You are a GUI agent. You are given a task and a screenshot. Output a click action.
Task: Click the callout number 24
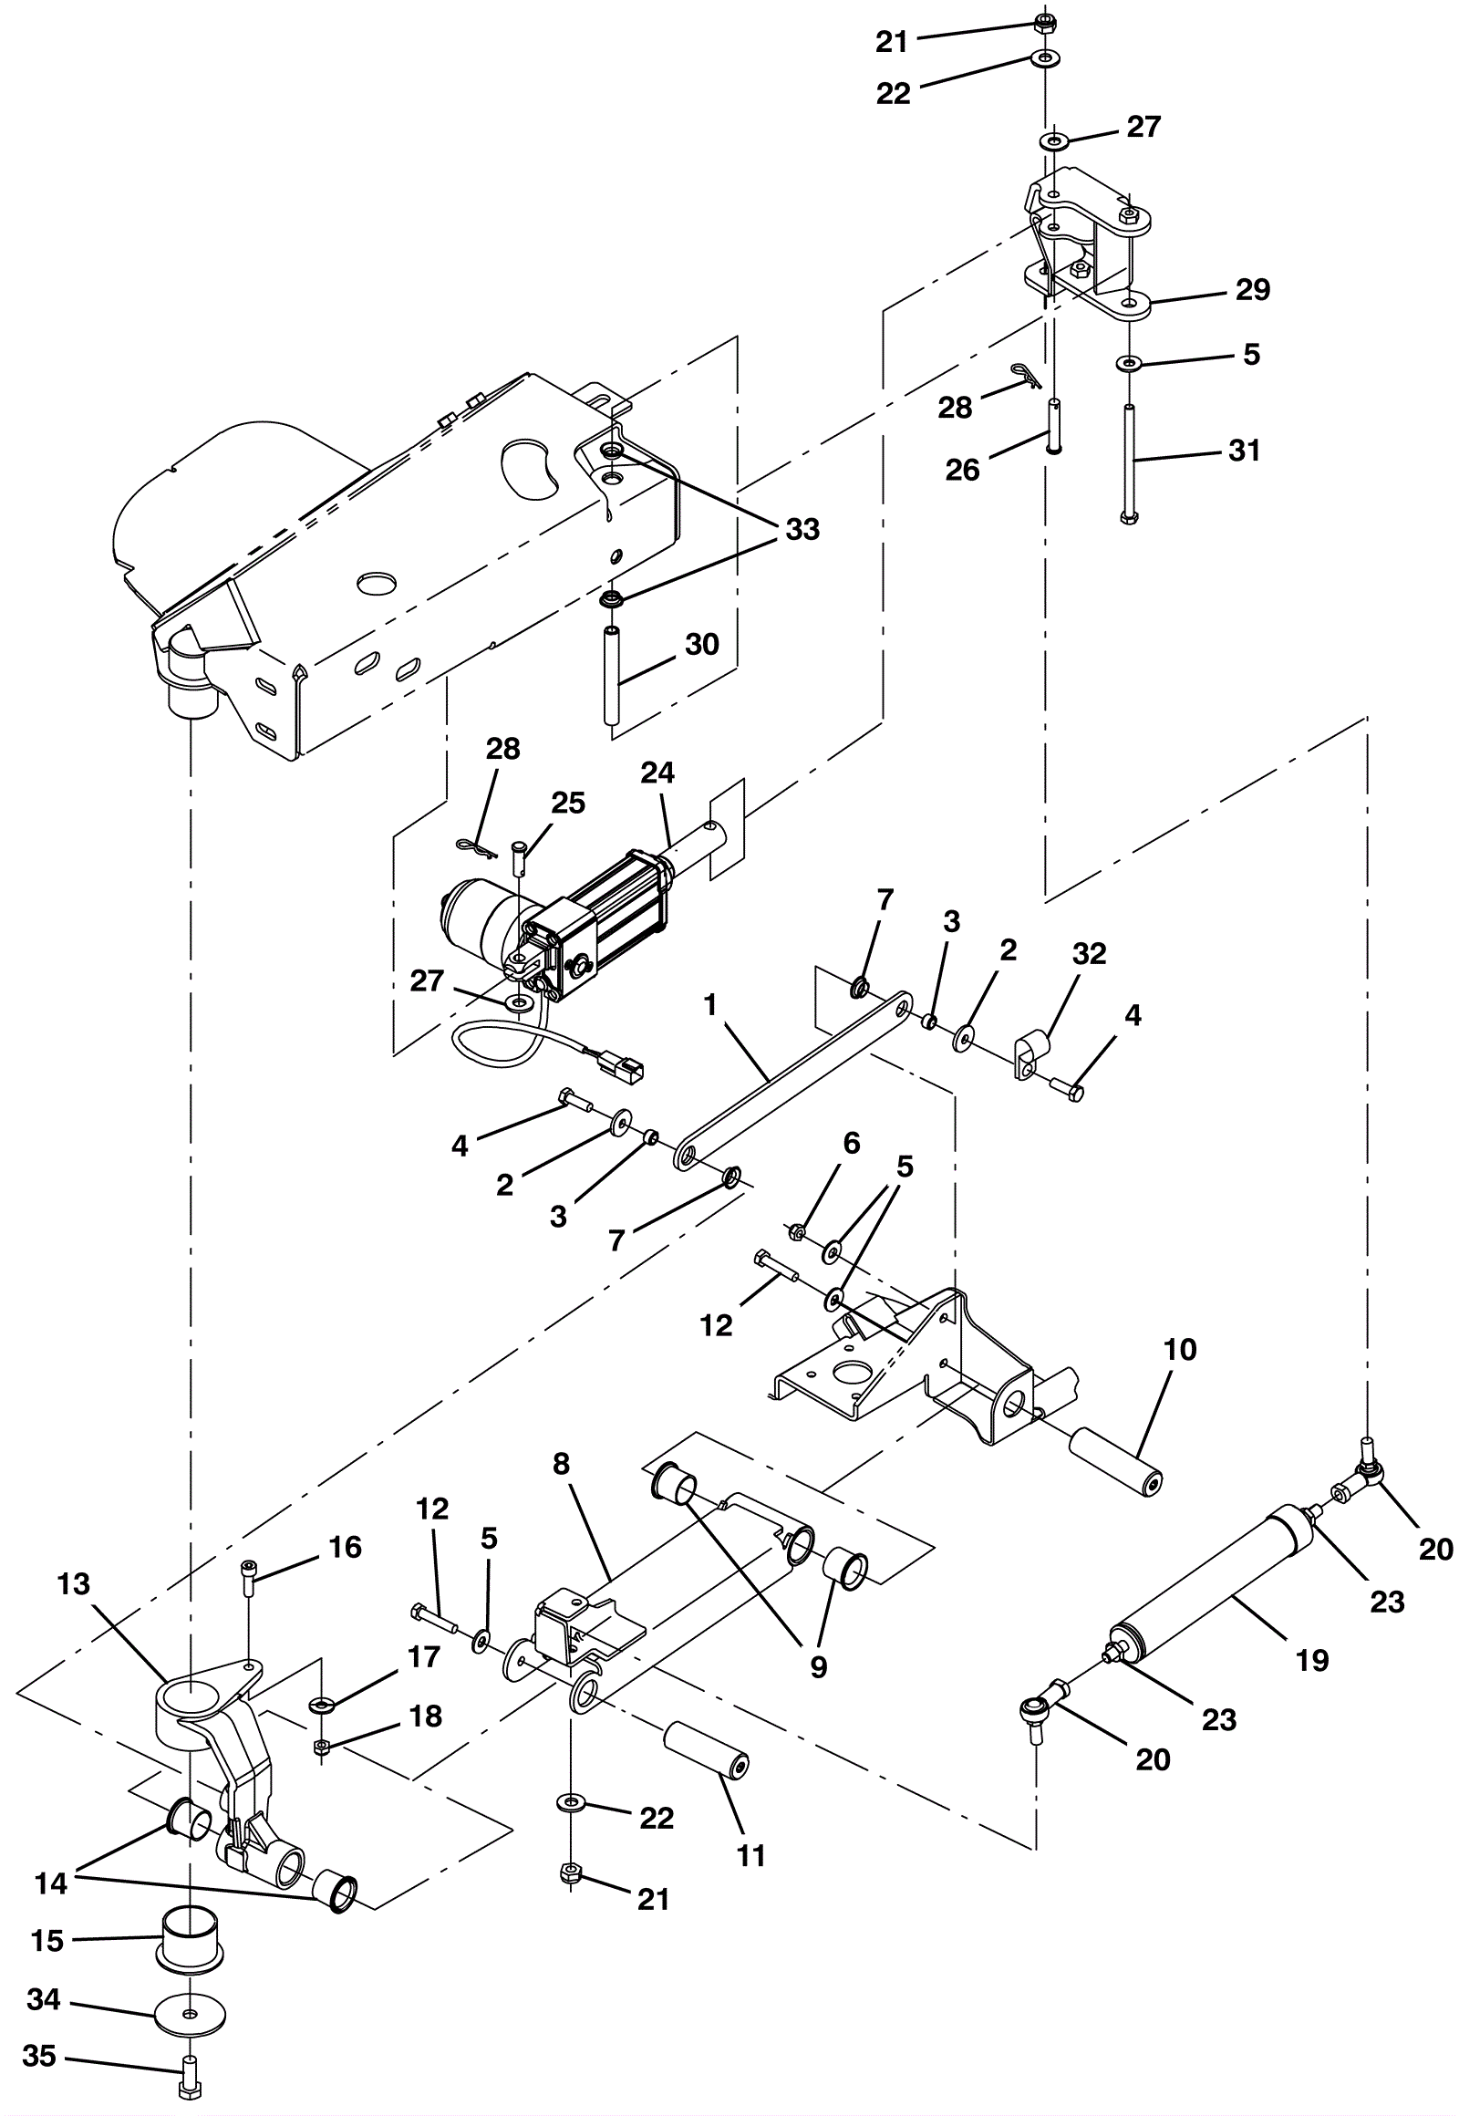tap(657, 773)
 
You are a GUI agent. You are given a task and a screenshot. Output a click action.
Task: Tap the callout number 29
tap(1252, 289)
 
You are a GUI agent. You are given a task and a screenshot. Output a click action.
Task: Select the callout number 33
tap(802, 530)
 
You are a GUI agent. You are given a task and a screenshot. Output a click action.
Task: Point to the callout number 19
tap(1312, 1661)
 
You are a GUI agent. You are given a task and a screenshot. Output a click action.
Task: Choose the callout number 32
tap(1089, 954)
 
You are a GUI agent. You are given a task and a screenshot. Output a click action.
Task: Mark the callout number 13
tap(73, 1583)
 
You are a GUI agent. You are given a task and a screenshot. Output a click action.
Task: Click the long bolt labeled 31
tap(1130, 464)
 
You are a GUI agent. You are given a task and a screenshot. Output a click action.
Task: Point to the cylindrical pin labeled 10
tap(1116, 1461)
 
